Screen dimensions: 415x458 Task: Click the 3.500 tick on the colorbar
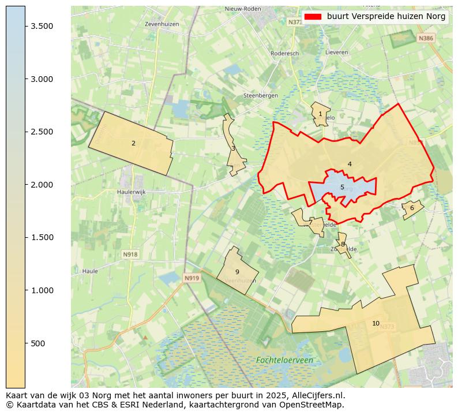tap(26, 26)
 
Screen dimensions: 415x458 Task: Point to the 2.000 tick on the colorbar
tap(26, 185)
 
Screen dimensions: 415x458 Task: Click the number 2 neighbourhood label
tap(133, 143)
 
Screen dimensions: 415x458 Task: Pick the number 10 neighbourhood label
tap(376, 323)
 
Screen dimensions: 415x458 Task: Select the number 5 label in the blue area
tap(342, 187)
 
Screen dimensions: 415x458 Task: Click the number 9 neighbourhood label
tap(237, 272)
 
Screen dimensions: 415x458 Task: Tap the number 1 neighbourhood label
tap(320, 114)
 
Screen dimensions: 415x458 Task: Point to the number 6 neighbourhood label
tap(412, 208)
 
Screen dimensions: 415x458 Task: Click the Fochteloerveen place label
tap(284, 360)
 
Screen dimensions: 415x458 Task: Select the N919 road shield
tap(192, 278)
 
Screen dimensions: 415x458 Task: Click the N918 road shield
tap(130, 254)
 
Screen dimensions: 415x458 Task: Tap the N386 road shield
tap(425, 38)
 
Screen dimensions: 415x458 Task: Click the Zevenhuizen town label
tap(162, 24)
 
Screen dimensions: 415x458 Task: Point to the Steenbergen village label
tap(261, 95)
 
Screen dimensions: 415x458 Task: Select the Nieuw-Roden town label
tap(242, 9)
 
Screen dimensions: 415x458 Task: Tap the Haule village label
tap(90, 270)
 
